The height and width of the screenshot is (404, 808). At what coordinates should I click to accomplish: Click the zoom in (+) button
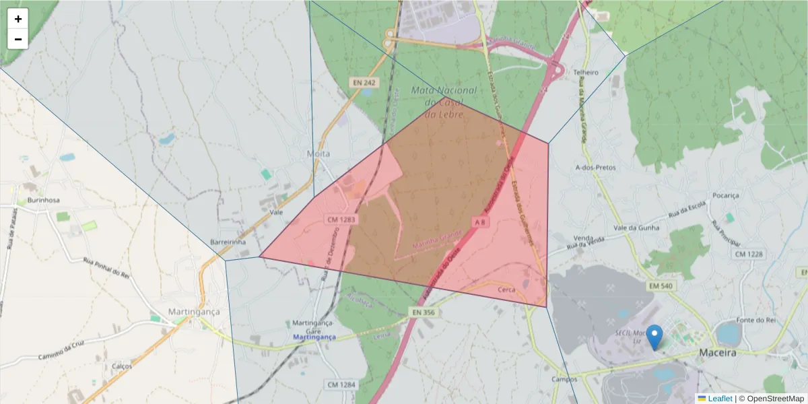pyautogui.click(x=18, y=19)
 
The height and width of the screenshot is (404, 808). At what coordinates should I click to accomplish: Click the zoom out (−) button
pyautogui.click(x=18, y=39)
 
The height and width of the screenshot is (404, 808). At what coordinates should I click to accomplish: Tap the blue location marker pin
pyautogui.click(x=654, y=337)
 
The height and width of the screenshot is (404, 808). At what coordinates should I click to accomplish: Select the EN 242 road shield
pyautogui.click(x=364, y=82)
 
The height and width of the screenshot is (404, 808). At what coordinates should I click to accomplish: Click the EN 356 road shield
pyautogui.click(x=424, y=312)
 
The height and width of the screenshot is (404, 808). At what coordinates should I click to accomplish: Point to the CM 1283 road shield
pyautogui.click(x=341, y=220)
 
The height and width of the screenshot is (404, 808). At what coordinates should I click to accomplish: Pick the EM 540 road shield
pyautogui.click(x=661, y=286)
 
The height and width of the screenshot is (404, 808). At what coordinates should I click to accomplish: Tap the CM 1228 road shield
pyautogui.click(x=749, y=254)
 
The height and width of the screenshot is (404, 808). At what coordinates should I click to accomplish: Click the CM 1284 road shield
pyautogui.click(x=340, y=384)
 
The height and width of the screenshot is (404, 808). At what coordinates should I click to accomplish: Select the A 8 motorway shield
pyautogui.click(x=479, y=222)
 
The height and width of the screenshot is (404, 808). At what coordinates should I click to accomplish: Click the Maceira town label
pyautogui.click(x=718, y=352)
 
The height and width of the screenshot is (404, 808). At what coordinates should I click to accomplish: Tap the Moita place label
pyautogui.click(x=318, y=154)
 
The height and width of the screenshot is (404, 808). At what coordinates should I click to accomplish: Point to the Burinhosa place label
pyautogui.click(x=44, y=200)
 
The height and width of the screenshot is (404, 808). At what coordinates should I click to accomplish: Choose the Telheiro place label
pyautogui.click(x=585, y=72)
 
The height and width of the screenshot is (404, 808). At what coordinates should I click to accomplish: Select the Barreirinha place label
pyautogui.click(x=228, y=242)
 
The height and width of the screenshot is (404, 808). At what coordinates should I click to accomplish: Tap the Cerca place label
pyautogui.click(x=506, y=289)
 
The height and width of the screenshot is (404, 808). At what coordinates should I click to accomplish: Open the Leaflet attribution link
pyautogui.click(x=719, y=399)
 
